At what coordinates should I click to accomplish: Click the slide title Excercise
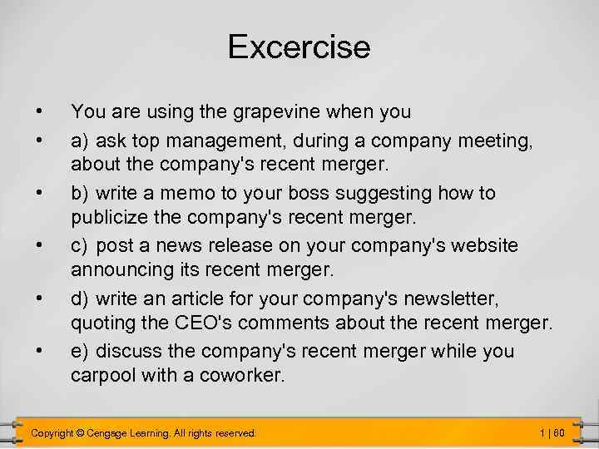299,47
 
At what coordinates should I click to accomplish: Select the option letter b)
81,194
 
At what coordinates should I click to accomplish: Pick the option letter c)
81,246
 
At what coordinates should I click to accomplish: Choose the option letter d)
81,298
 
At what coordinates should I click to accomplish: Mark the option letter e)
81,351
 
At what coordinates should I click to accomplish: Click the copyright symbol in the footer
82,433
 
